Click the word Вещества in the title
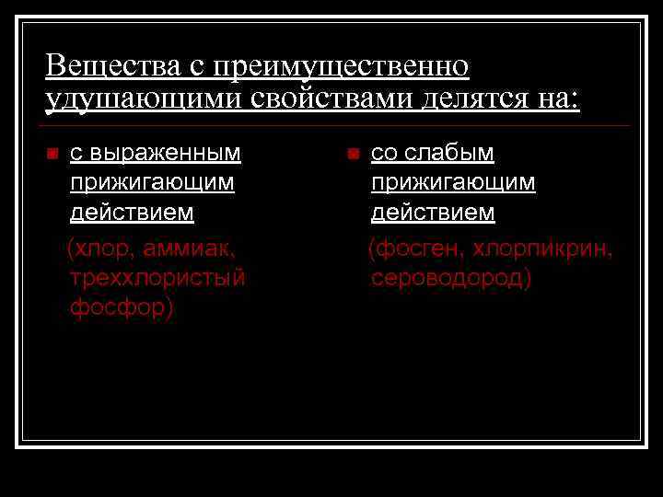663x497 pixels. (x=101, y=66)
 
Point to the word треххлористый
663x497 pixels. (x=157, y=277)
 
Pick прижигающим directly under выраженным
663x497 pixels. (x=152, y=182)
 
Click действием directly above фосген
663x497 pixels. (x=433, y=213)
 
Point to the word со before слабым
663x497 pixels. (x=387, y=152)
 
